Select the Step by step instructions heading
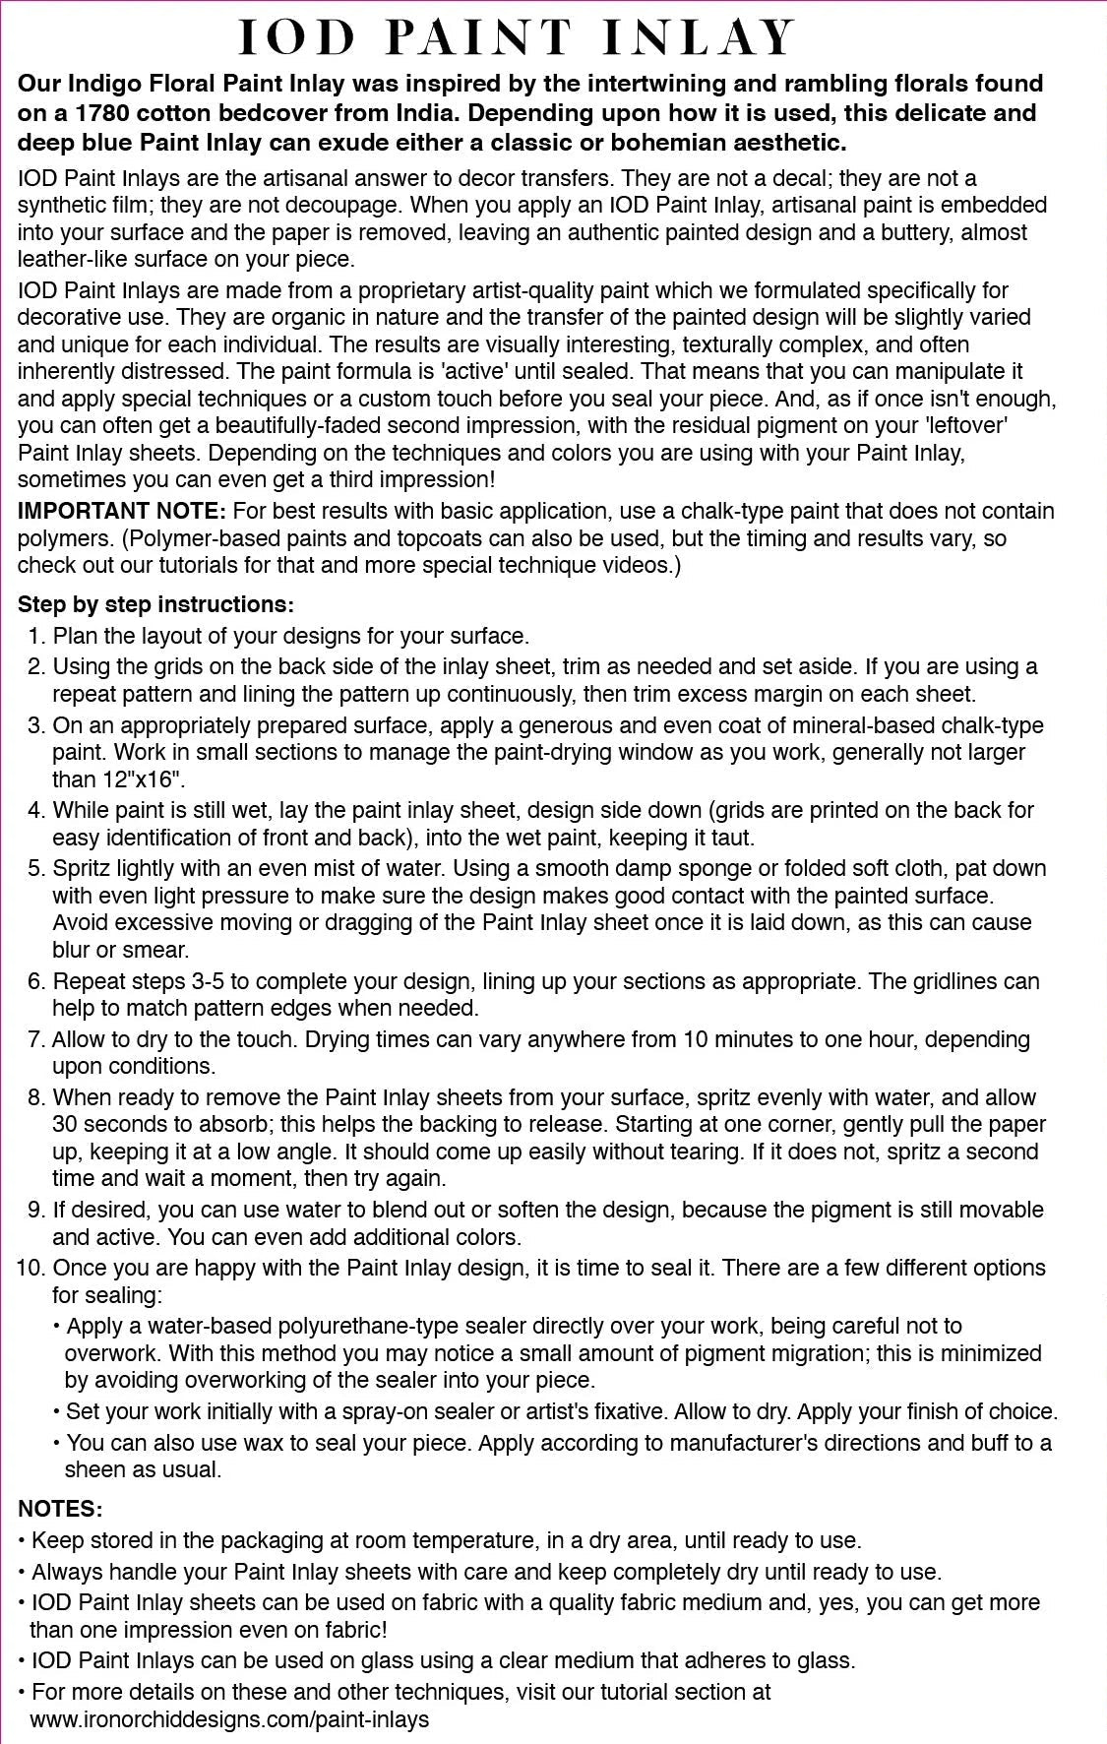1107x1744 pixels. [155, 603]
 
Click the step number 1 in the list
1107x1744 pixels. [35, 636]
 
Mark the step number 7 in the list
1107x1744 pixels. [35, 1039]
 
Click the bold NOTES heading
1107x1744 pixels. [60, 1509]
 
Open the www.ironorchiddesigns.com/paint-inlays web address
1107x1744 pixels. [229, 1719]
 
